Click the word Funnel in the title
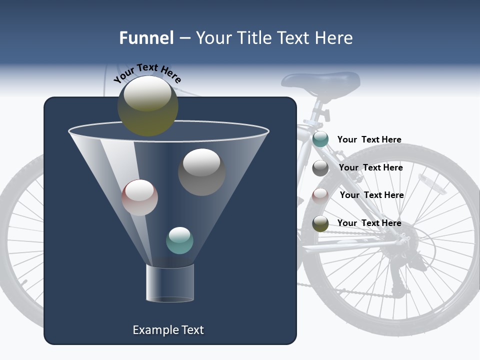click(146, 38)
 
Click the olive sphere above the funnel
click(147, 105)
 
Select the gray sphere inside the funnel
click(201, 172)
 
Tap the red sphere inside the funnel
click(140, 197)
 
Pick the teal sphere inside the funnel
click(179, 240)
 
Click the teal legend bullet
click(320, 139)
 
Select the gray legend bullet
click(320, 168)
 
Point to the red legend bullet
click(320, 195)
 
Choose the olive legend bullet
click(320, 223)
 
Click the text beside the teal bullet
click(369, 139)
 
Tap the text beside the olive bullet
click(369, 223)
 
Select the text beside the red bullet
click(371, 195)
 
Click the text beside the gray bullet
click(370, 167)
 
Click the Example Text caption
click(168, 330)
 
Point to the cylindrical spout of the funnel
click(170, 283)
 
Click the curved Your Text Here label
click(147, 72)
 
